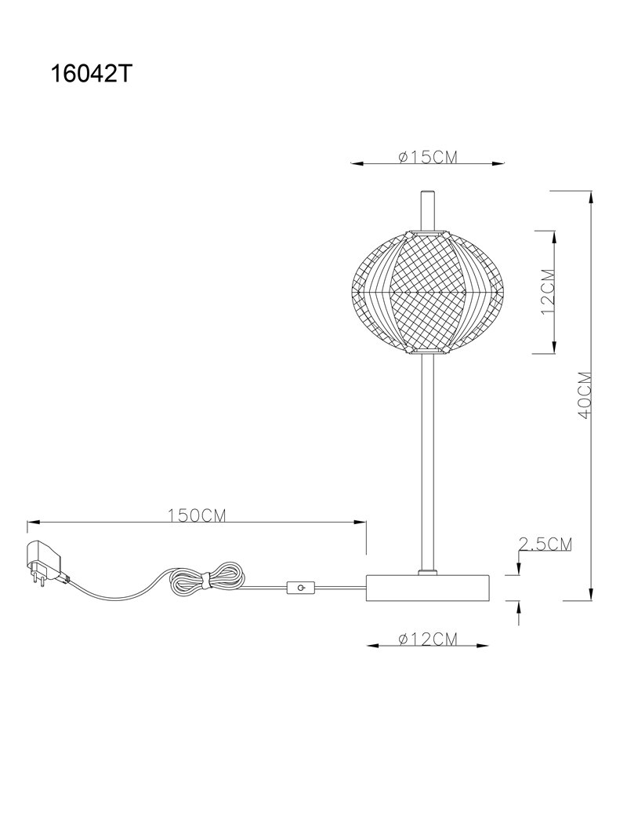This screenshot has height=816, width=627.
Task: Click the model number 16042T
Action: point(89,75)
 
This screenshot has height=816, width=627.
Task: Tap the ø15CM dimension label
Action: point(428,157)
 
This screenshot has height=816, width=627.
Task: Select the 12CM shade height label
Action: point(548,292)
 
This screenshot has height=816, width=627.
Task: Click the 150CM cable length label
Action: point(197,515)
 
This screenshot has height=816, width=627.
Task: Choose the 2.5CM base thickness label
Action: point(545,544)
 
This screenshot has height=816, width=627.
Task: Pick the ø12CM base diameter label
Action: point(428,639)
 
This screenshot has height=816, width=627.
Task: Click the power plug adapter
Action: point(46,563)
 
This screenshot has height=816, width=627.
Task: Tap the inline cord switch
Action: point(300,588)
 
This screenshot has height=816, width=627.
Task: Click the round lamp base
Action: point(428,588)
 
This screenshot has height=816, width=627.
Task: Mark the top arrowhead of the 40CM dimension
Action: point(591,197)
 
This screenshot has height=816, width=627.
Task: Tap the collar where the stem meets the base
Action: point(428,573)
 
